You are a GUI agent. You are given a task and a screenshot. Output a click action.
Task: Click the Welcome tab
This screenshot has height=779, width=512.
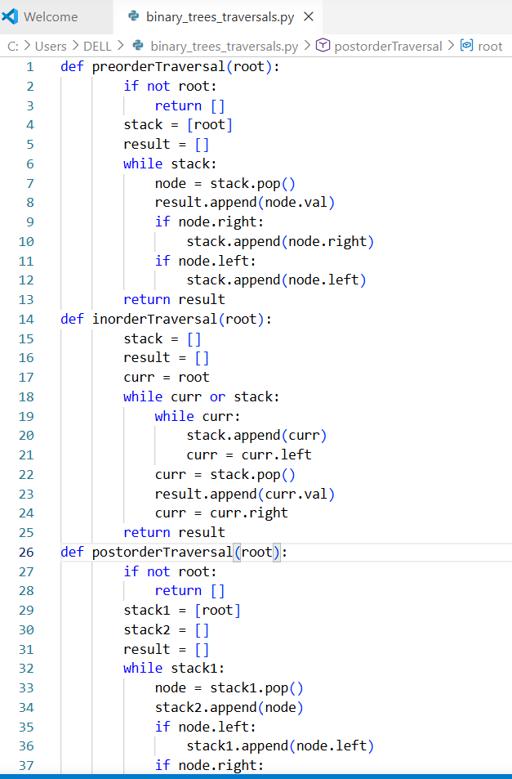pyautogui.click(x=51, y=16)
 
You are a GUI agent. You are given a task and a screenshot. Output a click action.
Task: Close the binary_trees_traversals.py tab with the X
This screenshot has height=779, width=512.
pyautogui.click(x=309, y=16)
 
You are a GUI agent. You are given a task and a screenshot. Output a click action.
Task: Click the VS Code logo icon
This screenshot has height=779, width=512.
pyautogui.click(x=11, y=16)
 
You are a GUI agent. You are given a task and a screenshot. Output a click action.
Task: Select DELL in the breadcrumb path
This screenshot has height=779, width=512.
pyautogui.click(x=97, y=46)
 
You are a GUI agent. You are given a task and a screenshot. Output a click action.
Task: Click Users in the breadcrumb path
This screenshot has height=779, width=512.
pyautogui.click(x=51, y=46)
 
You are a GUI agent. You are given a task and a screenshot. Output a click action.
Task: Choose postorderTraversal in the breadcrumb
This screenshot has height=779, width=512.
pyautogui.click(x=388, y=46)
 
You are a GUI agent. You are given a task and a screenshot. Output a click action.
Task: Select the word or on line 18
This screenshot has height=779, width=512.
pyautogui.click(x=218, y=396)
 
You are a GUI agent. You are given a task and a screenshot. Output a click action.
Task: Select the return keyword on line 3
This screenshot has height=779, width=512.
pyautogui.click(x=178, y=105)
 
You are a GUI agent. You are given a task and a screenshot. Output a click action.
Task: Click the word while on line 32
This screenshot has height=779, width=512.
pyautogui.click(x=143, y=668)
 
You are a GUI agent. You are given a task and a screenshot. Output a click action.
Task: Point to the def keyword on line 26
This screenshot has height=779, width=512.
pyautogui.click(x=72, y=552)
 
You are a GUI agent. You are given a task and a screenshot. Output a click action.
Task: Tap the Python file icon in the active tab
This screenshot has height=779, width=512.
pyautogui.click(x=134, y=16)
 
